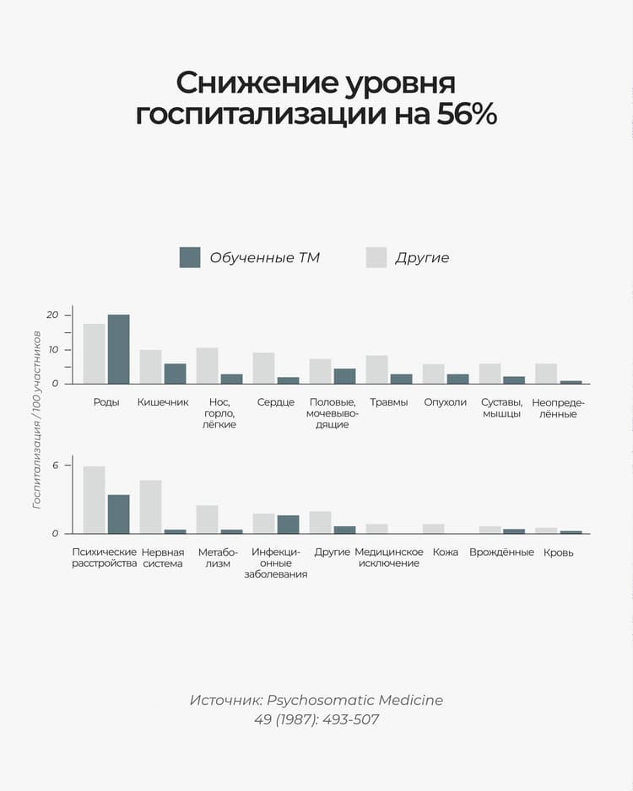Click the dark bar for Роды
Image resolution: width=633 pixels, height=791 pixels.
pos(118,349)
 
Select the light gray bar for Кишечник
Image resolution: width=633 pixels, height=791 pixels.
pos(150,367)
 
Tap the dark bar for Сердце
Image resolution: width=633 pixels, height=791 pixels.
pos(288,380)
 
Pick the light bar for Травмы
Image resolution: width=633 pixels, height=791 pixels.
pos(376,369)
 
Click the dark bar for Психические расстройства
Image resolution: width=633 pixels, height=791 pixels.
pos(118,514)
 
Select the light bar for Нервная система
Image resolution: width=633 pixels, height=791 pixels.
pos(150,507)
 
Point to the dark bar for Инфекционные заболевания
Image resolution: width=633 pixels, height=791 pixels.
pos(288,524)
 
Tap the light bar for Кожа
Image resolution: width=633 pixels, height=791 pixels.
pos(433,529)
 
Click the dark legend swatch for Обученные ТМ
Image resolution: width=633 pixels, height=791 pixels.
pos(190,257)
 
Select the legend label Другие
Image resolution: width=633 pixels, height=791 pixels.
pos(422,258)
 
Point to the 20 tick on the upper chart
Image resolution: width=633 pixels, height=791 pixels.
pos(53,315)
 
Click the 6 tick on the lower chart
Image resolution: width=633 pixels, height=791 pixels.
pos(56,465)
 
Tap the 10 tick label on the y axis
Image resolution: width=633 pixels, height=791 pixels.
pos(53,350)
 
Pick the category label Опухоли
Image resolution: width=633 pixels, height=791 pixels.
pos(445,402)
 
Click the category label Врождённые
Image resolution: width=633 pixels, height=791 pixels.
pos(501,552)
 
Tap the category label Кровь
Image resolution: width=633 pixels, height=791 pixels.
pos(559,552)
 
